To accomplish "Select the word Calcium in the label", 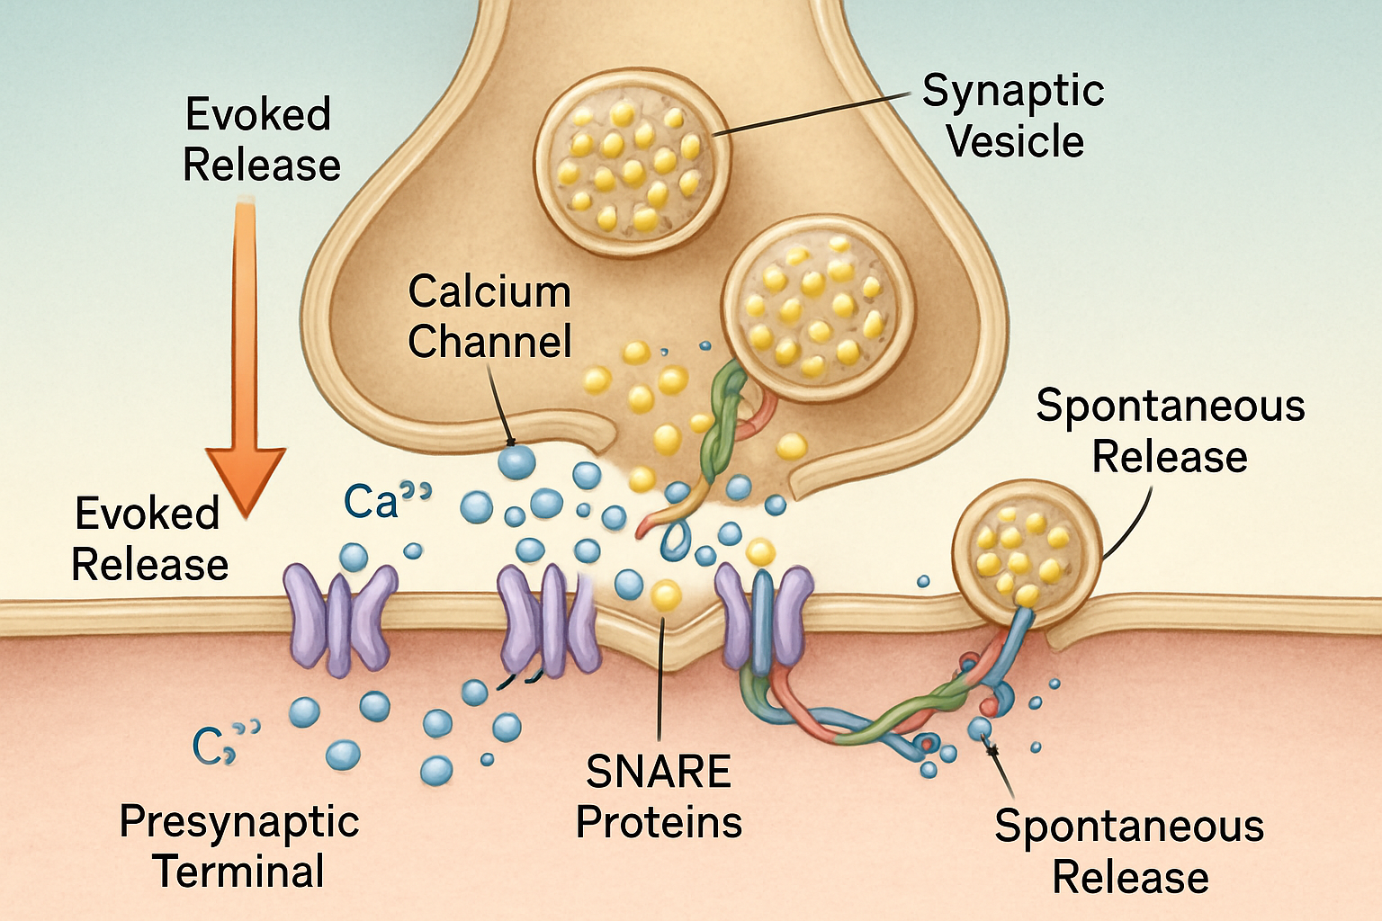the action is (x=489, y=291).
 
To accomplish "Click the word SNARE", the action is (x=659, y=772).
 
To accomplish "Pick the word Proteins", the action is (x=659, y=822).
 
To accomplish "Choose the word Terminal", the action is (x=238, y=871).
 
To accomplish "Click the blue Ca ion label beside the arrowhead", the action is (x=387, y=500).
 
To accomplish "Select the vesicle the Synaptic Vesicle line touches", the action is (x=632, y=162).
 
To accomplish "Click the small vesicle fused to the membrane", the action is (x=1027, y=554).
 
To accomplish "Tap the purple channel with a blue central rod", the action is (x=763, y=617).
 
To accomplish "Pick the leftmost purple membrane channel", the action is (x=339, y=620).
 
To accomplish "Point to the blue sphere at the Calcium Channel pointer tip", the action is (x=516, y=461).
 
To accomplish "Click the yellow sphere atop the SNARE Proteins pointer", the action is (x=666, y=596).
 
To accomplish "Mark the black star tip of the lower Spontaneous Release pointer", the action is (x=992, y=751).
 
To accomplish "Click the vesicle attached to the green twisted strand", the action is (x=819, y=309).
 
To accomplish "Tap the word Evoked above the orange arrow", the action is (x=258, y=115).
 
